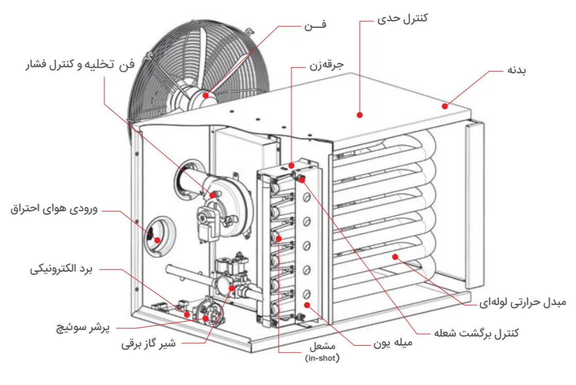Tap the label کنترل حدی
[403, 20]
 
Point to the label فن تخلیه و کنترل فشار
[80, 65]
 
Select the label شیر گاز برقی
[148, 344]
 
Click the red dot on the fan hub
[206, 95]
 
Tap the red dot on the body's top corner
[444, 106]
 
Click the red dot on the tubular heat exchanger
[395, 256]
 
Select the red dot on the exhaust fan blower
[212, 195]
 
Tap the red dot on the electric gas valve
[232, 288]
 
